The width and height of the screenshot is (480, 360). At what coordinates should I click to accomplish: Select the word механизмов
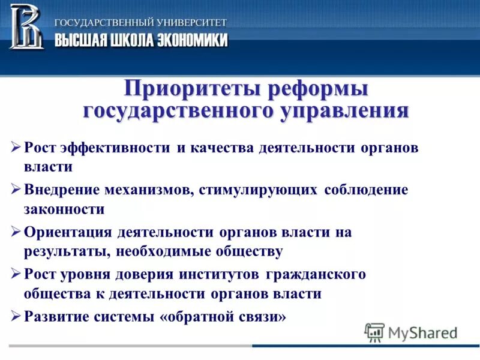click(145, 190)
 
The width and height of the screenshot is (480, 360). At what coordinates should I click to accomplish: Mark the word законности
click(64, 209)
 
